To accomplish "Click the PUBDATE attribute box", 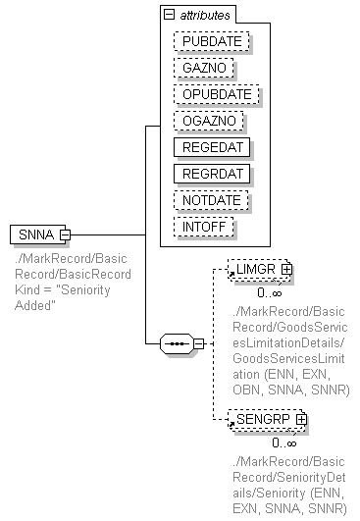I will (210, 42).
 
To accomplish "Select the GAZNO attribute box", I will (203, 69).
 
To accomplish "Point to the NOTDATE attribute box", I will (210, 200).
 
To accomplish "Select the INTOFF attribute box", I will (204, 227).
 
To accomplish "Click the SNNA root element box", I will (34, 234).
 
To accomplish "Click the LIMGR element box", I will (253, 268).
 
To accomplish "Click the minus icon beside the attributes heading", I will (170, 16).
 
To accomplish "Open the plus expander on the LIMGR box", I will (286, 268).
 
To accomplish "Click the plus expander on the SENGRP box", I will (301, 419).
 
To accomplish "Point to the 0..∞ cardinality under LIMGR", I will (270, 291).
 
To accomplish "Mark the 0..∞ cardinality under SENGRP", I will (284, 443).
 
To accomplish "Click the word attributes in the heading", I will (204, 16).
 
